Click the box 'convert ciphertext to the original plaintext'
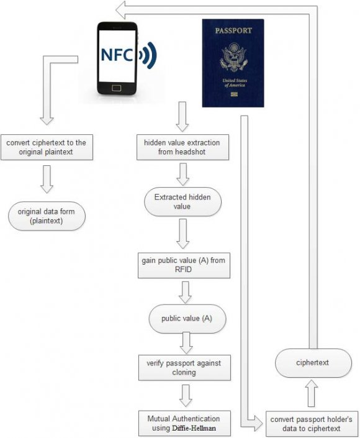coord(47,147)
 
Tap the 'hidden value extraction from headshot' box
coord(182,147)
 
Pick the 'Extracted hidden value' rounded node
coord(182,202)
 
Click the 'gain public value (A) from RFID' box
coord(182,266)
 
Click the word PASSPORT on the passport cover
coord(233,30)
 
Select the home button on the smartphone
coord(116,88)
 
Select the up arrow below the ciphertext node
coord(312,391)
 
